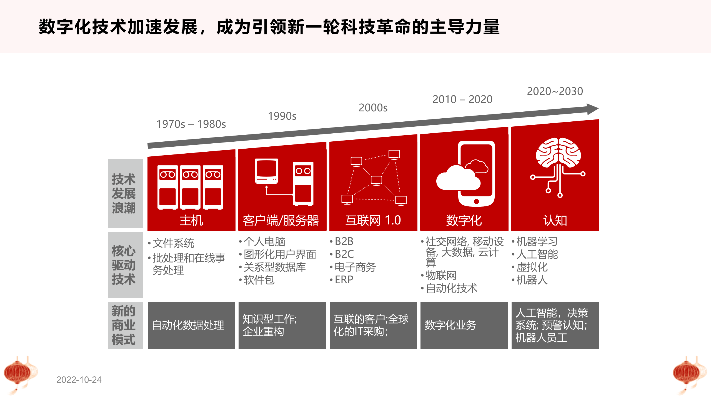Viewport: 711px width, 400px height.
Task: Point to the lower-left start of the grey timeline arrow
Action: tap(148, 146)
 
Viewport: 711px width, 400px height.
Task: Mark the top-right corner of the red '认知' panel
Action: tap(599, 119)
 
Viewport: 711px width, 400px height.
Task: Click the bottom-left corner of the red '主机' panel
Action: tap(147, 231)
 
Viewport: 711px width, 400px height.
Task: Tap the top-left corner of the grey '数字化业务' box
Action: tap(420, 302)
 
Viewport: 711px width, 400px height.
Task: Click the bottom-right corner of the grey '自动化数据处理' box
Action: tap(235, 349)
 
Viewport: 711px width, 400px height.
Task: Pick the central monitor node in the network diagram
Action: tap(376, 181)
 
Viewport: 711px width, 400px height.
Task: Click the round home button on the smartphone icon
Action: tap(476, 201)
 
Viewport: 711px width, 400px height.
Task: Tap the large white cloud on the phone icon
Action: tap(458, 178)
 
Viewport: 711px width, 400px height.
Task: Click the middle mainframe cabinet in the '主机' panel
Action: tap(190, 187)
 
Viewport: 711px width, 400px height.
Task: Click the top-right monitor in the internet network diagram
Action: tap(394, 154)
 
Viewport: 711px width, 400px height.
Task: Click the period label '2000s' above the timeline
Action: tap(373, 108)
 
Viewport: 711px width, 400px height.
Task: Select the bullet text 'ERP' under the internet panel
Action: tap(344, 280)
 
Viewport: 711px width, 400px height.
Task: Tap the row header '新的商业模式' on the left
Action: tap(124, 325)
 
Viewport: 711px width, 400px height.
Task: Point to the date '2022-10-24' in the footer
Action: tap(79, 380)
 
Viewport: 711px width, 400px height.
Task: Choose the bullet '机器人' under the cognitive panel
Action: tap(532, 280)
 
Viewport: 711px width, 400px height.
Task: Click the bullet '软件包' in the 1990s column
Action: tap(259, 280)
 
